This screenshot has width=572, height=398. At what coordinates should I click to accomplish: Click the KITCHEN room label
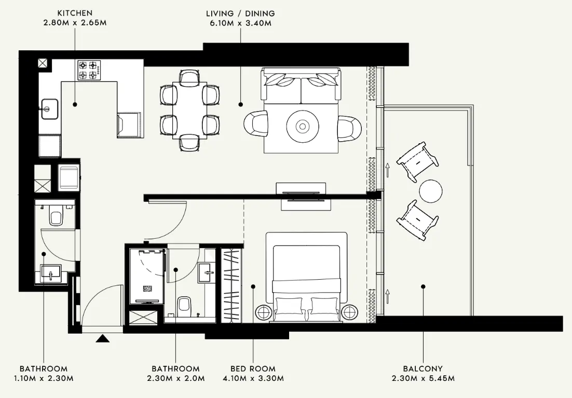tap(75, 13)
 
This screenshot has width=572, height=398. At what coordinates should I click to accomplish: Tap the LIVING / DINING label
tap(240, 13)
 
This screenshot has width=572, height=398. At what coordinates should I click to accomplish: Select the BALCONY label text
tap(424, 369)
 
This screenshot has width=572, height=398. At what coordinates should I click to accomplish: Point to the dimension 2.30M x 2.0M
tap(176, 378)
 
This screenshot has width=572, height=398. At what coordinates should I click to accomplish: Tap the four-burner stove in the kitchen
tap(89, 70)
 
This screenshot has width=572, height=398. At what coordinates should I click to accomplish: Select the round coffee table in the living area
tap(302, 126)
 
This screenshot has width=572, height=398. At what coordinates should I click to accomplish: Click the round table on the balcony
tap(431, 191)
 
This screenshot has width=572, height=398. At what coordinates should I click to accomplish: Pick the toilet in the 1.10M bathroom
tap(56, 215)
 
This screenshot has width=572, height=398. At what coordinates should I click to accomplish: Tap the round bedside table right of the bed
tap(350, 313)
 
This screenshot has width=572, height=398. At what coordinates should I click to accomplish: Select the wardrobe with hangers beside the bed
tap(231, 285)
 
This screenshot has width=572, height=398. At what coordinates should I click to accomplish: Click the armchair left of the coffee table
tap(256, 125)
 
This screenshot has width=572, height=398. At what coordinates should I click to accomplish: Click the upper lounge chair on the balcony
tap(418, 162)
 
